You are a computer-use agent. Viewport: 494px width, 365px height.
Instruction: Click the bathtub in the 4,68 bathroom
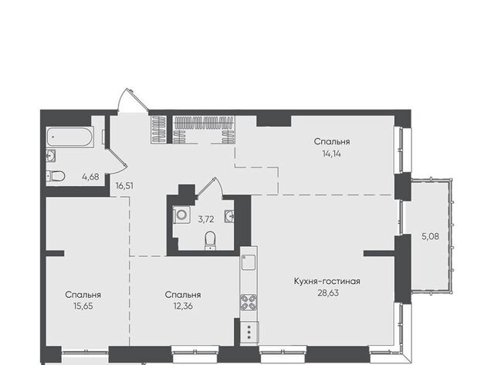70,137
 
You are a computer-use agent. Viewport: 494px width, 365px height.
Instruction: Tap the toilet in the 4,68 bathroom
56,176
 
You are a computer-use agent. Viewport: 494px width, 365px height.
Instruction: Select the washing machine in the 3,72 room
181,215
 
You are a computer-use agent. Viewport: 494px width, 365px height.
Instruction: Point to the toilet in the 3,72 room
210,241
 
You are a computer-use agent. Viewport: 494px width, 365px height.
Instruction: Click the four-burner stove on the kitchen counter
249,302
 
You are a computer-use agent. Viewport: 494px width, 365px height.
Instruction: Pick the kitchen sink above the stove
249,262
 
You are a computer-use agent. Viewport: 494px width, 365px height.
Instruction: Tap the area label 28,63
328,293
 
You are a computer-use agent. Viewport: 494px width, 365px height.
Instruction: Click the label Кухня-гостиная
327,281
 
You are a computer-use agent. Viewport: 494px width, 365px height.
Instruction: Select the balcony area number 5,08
431,236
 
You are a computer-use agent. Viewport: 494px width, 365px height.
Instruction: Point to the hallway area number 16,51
124,186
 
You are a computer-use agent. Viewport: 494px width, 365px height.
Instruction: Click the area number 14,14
331,154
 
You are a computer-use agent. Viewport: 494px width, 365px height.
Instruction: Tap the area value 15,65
83,306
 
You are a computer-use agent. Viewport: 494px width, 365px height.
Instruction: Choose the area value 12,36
183,306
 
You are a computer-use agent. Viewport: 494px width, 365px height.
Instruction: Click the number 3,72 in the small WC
206,219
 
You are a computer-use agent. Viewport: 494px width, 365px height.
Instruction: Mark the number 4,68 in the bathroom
90,177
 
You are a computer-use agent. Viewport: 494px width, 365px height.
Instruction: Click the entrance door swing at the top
133,100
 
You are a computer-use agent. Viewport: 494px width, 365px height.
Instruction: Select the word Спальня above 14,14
332,142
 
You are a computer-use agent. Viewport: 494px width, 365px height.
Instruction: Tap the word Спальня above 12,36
183,295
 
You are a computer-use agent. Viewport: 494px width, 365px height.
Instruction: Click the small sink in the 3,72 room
229,216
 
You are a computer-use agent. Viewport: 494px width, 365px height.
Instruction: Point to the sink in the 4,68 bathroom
51,156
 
